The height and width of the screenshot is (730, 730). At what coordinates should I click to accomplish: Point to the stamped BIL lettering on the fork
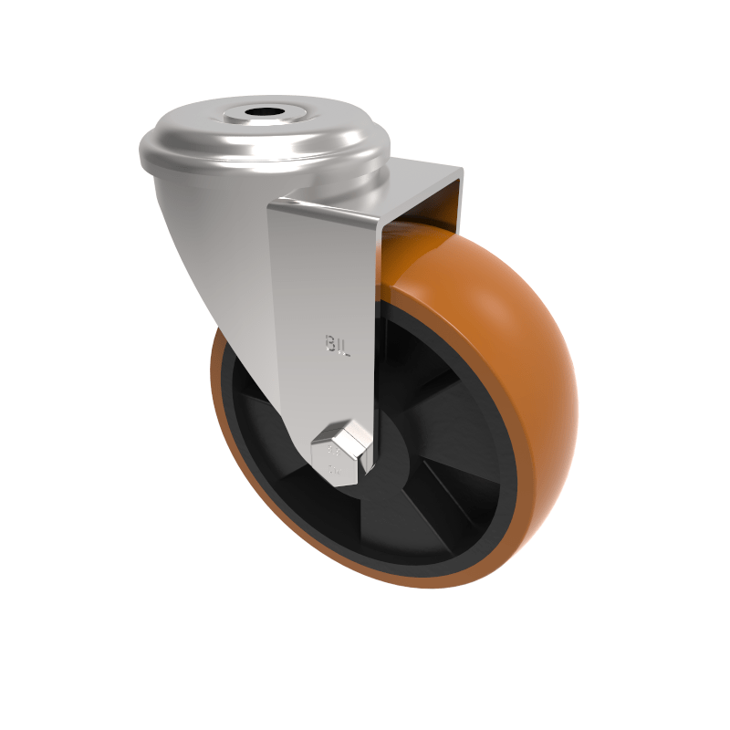tap(339, 343)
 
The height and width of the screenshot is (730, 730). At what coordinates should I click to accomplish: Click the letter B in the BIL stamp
tap(330, 343)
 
